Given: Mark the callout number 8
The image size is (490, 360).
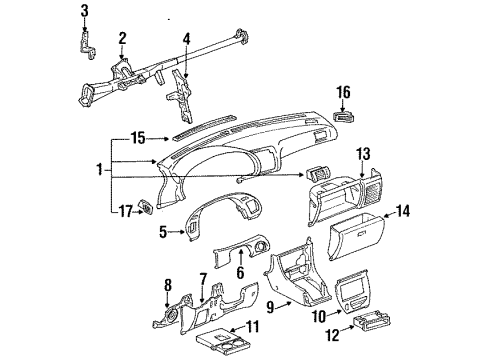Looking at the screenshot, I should coord(168,284).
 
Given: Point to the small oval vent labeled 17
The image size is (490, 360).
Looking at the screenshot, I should coord(148,209).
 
